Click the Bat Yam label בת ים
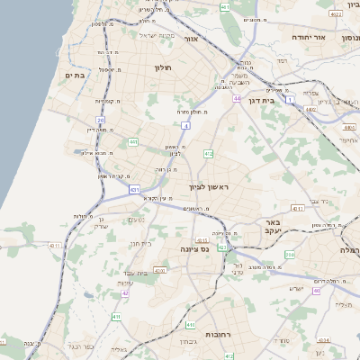pyautogui.click(x=75, y=75)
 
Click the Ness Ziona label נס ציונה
pyautogui.click(x=193, y=248)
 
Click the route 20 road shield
pyautogui.click(x=101, y=119)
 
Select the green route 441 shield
pyautogui.click(x=133, y=141)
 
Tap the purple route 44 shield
pyautogui.click(x=237, y=98)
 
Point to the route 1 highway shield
pyautogui.click(x=290, y=100)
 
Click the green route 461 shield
pyautogui.click(x=224, y=6)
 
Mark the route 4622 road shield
pyautogui.click(x=336, y=14)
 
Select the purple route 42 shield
pyautogui.click(x=125, y=293)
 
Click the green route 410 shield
pyautogui.click(x=190, y=324)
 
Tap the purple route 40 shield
pyautogui.click(x=316, y=292)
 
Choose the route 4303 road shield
pyautogui.click(x=159, y=269)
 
